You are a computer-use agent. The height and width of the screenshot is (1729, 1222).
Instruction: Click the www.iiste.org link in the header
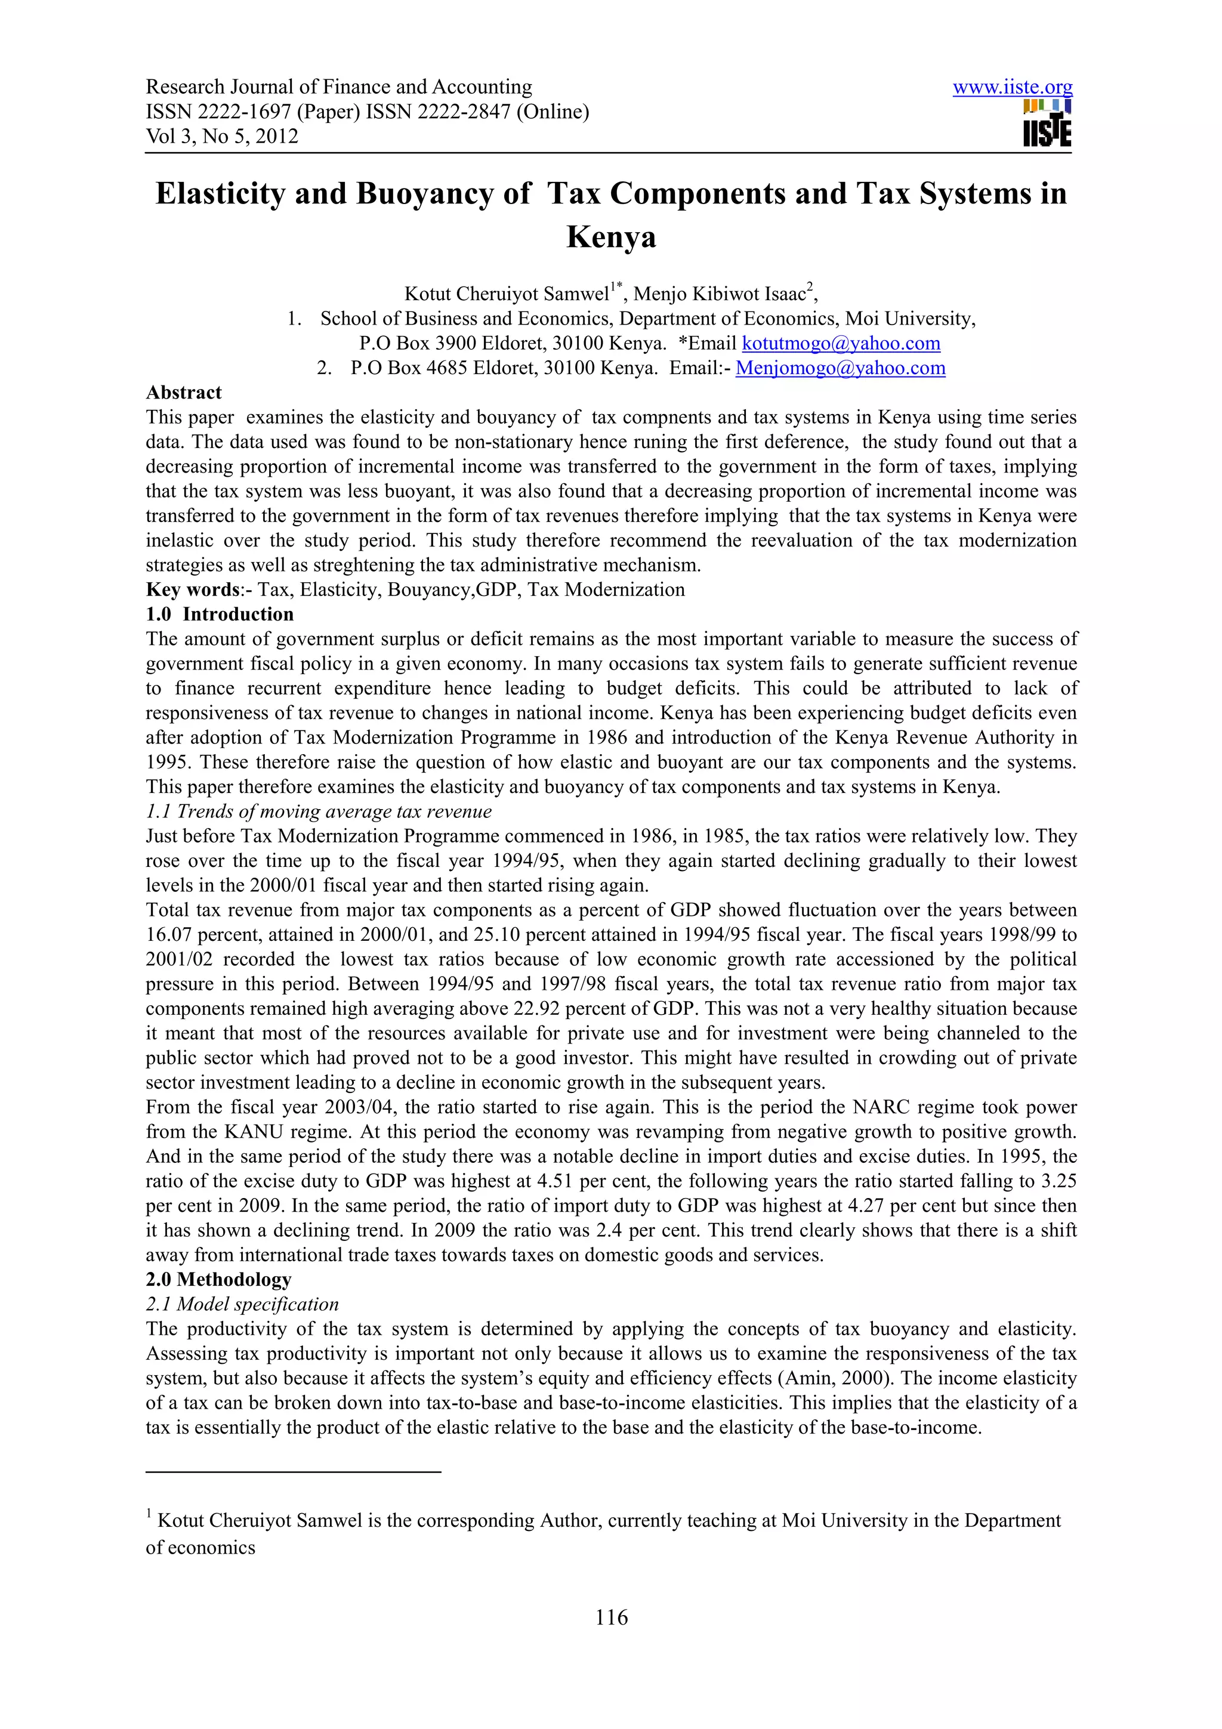tap(1012, 87)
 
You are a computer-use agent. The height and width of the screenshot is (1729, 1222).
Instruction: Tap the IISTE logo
tap(1047, 123)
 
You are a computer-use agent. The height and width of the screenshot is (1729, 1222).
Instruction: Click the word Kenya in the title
tap(610, 237)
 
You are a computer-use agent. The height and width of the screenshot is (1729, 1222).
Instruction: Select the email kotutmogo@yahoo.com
tap(840, 344)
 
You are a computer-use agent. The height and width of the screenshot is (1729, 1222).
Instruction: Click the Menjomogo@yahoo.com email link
tap(840, 368)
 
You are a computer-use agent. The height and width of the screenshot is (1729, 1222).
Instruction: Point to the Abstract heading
tap(184, 393)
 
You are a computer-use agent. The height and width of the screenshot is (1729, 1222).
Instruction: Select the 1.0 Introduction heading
tap(219, 615)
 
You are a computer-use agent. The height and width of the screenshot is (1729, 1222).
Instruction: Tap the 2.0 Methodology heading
tap(218, 1279)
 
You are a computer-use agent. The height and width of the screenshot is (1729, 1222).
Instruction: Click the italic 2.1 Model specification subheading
tap(242, 1304)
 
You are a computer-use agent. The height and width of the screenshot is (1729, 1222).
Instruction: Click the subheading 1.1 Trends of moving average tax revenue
tap(319, 812)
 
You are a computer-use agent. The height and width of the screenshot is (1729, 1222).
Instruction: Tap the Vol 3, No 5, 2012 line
tap(221, 136)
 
